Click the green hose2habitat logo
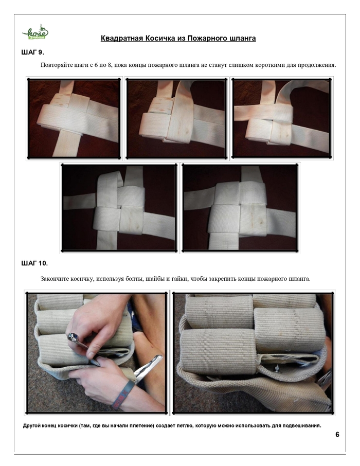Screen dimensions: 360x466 click(x=35, y=32)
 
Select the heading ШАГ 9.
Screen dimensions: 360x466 click(x=33, y=52)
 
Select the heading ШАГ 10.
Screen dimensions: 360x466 click(x=34, y=263)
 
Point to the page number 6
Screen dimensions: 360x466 click(x=337, y=435)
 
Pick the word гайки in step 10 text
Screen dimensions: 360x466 click(x=182, y=279)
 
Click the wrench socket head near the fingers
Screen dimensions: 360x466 click(x=74, y=337)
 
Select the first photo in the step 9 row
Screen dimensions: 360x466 click(x=74, y=118)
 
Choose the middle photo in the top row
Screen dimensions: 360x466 click(x=176, y=118)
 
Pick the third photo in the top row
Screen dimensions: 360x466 click(x=281, y=118)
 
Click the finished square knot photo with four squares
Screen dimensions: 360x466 click(x=240, y=207)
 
